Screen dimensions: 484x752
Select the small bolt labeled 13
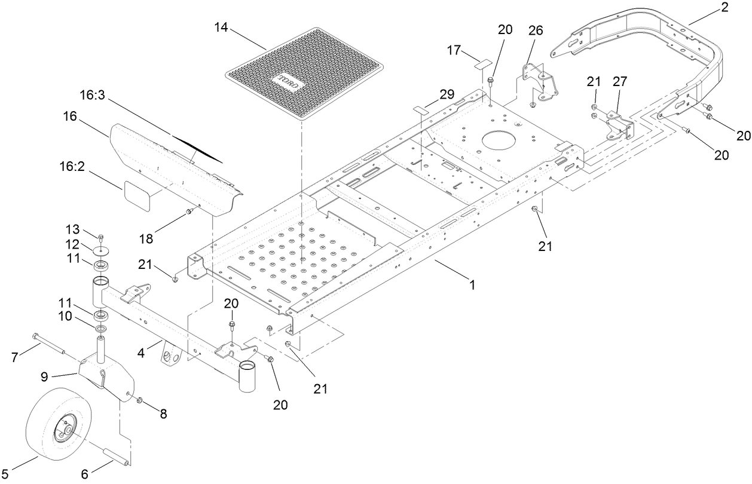coord(100,238)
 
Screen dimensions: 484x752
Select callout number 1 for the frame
coord(472,285)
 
